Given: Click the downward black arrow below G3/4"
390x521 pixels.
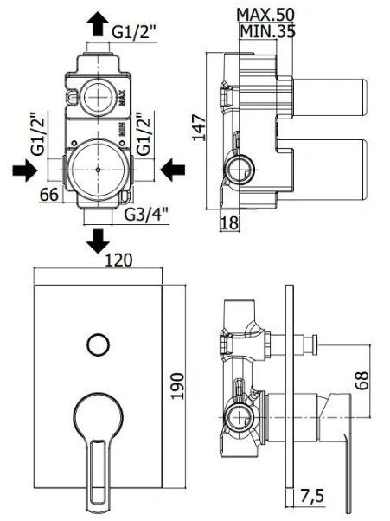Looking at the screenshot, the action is [99, 241].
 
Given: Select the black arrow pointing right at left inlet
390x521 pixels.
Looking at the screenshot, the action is [24, 170].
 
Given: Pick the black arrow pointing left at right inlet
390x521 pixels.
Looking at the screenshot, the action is [173, 170].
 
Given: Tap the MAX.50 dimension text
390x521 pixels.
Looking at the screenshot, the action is [265, 15].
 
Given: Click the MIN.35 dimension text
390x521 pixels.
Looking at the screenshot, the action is [267, 31].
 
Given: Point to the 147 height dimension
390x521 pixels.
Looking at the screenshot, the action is [200, 127].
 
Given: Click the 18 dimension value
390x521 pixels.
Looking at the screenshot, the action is [229, 222].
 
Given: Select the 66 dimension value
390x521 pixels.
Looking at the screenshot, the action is [49, 195].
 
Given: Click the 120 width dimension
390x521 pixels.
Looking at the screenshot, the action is [118, 260].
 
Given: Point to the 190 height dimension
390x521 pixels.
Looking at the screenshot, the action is [178, 387].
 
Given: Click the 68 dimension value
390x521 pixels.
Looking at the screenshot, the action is [361, 380].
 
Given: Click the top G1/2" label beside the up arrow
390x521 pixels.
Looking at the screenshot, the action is [134, 33].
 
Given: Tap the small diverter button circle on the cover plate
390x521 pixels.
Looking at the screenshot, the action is [98, 344].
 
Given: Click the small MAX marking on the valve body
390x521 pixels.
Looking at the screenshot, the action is [122, 97].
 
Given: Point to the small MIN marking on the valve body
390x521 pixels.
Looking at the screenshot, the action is [122, 129].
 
